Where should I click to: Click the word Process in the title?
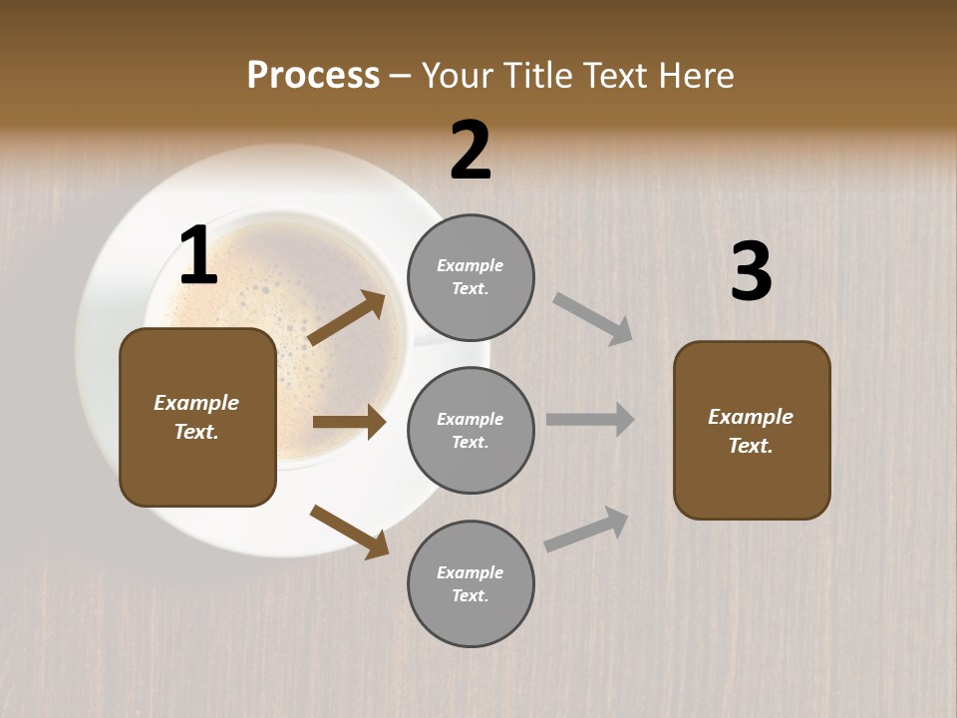313,76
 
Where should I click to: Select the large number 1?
198,257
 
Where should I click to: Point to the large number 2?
471,151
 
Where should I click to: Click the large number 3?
751,272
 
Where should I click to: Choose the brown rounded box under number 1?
197,417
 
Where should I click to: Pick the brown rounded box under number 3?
752,431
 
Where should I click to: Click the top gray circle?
471,277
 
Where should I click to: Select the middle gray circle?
471,431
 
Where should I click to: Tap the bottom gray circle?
471,584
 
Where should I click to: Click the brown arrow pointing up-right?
347,319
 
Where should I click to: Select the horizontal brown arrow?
349,422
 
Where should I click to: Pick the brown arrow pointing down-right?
349,531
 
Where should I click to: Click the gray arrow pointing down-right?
593,318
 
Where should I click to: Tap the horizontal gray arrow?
590,420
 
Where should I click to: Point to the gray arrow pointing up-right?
587,530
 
